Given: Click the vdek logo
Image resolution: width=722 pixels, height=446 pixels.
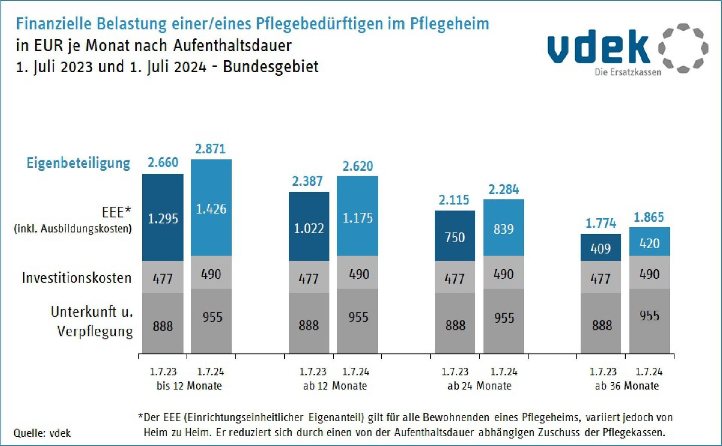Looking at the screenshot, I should click(627, 49).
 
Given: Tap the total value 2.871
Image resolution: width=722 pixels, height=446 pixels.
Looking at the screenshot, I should click(210, 149).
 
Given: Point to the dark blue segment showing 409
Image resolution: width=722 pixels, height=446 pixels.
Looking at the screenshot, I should click(601, 248).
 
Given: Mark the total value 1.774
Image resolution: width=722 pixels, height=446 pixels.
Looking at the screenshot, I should click(601, 224).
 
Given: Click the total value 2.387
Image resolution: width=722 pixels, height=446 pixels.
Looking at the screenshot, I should click(307, 181).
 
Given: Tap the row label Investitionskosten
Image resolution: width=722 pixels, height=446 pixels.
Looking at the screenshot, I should click(77, 278).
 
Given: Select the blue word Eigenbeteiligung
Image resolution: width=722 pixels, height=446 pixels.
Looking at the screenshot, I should click(78, 163).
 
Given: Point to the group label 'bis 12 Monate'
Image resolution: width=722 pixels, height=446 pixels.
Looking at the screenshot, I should click(189, 386).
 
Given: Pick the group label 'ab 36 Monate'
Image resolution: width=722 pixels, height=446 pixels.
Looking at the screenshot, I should click(627, 386).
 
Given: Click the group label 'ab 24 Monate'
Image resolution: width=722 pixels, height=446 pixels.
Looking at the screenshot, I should click(479, 386).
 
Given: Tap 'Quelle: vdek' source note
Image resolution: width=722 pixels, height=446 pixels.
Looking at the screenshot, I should click(42, 433).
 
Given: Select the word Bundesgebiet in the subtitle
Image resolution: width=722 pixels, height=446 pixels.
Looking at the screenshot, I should click(270, 67).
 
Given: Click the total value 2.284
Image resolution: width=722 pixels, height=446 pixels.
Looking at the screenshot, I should click(504, 190).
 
